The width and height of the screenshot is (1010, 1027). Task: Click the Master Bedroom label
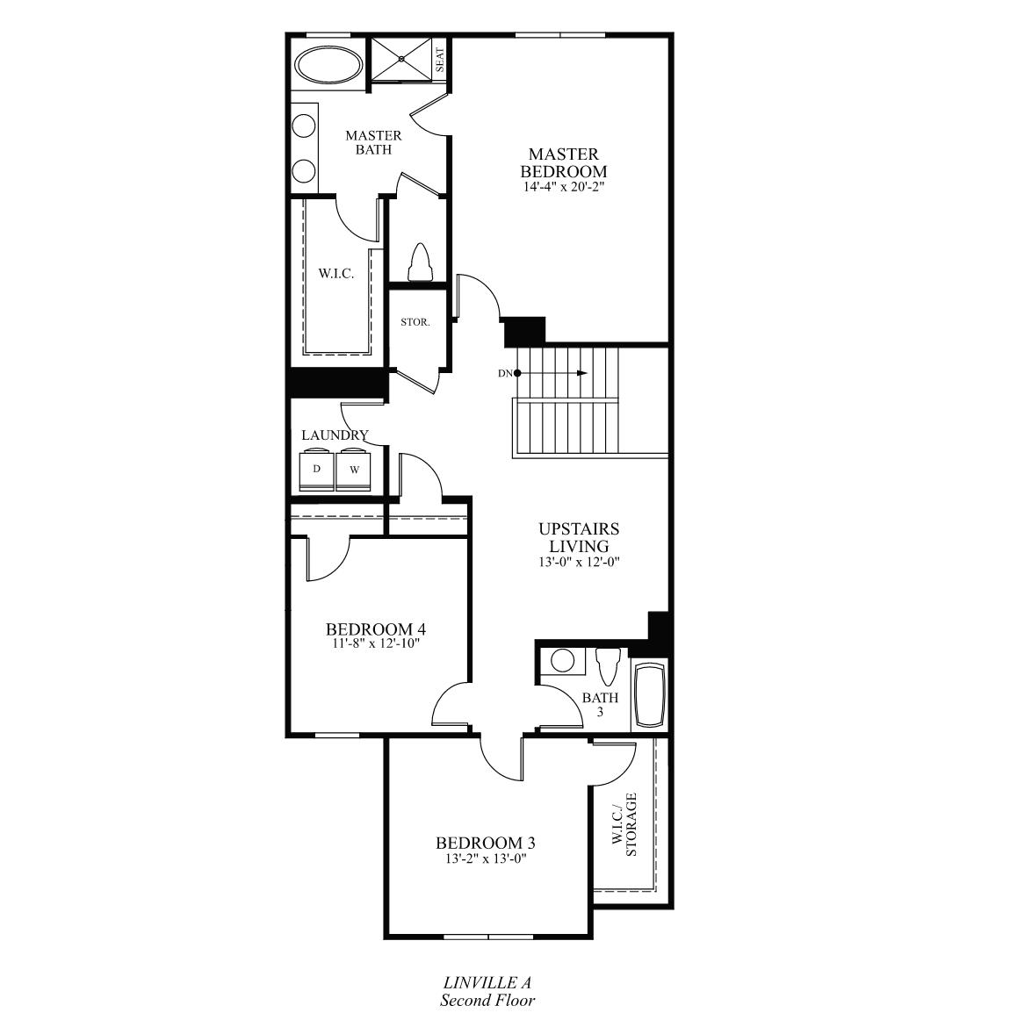coord(564,162)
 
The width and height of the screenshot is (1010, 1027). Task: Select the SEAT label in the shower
coord(440,61)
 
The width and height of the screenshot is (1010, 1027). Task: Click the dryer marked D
coord(317,469)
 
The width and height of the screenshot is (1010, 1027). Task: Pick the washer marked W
coord(354,469)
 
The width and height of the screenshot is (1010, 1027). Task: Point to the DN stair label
coord(505,373)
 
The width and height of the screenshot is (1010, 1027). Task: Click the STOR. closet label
coord(415,322)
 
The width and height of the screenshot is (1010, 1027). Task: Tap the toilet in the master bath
coord(418,262)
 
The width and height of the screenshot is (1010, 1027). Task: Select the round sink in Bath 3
coord(562,660)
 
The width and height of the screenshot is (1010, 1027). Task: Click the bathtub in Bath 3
coord(650,695)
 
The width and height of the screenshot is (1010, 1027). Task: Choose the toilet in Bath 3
coord(607,666)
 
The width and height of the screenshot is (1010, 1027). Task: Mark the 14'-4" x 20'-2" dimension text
coord(564,187)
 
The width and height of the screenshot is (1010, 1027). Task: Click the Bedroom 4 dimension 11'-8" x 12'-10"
coord(376,643)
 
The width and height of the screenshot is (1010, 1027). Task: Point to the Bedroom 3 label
coord(486,843)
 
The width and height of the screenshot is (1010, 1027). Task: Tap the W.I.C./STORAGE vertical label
coord(624,824)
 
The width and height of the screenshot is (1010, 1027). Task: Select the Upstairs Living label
coord(579,537)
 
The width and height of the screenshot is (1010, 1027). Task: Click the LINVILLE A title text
coord(487,982)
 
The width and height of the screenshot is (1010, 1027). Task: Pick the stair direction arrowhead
coord(582,373)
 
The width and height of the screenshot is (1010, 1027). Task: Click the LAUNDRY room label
coord(335,434)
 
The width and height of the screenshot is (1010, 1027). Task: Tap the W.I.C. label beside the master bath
coord(336,274)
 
